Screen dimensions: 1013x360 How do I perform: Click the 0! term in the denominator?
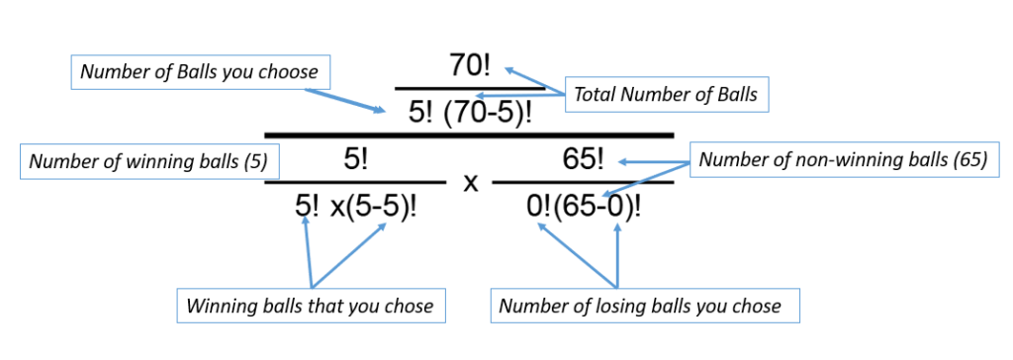tap(542, 208)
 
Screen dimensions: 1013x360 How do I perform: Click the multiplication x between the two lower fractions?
tap(471, 184)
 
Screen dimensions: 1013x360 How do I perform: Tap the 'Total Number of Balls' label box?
tap(665, 96)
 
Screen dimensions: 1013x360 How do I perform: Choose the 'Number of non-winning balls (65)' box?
tap(843, 160)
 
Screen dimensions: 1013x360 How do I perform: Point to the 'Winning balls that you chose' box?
tap(310, 306)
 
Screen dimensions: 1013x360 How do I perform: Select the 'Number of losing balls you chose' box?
tap(644, 306)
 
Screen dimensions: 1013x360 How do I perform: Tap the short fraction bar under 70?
tap(469, 88)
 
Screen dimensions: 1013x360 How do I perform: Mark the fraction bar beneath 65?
tap(583, 182)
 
